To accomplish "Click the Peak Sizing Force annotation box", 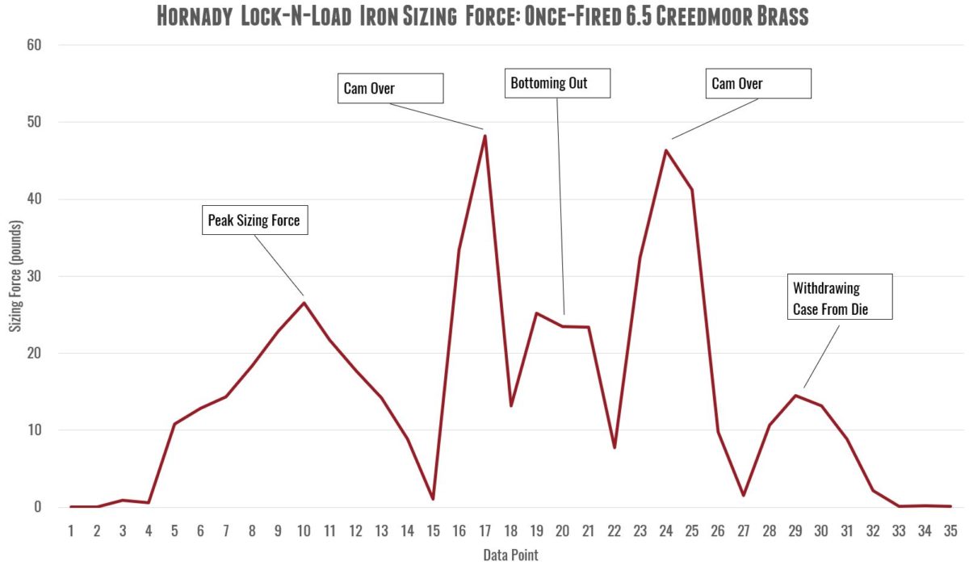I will coord(254,220).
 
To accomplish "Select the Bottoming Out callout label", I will coord(557,83).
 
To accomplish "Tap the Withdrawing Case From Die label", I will coord(840,297).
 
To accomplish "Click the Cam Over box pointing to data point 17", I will coord(390,88).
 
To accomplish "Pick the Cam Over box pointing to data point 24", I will coord(758,84).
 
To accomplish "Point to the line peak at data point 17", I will coord(484,135).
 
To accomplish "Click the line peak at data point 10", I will coord(304,303).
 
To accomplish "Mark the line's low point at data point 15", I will coord(433,499).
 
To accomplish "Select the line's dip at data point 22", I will coord(615,447).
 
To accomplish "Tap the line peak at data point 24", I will coord(666,150).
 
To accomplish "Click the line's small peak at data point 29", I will coord(795,396).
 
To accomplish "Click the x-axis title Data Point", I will coord(510,555).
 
